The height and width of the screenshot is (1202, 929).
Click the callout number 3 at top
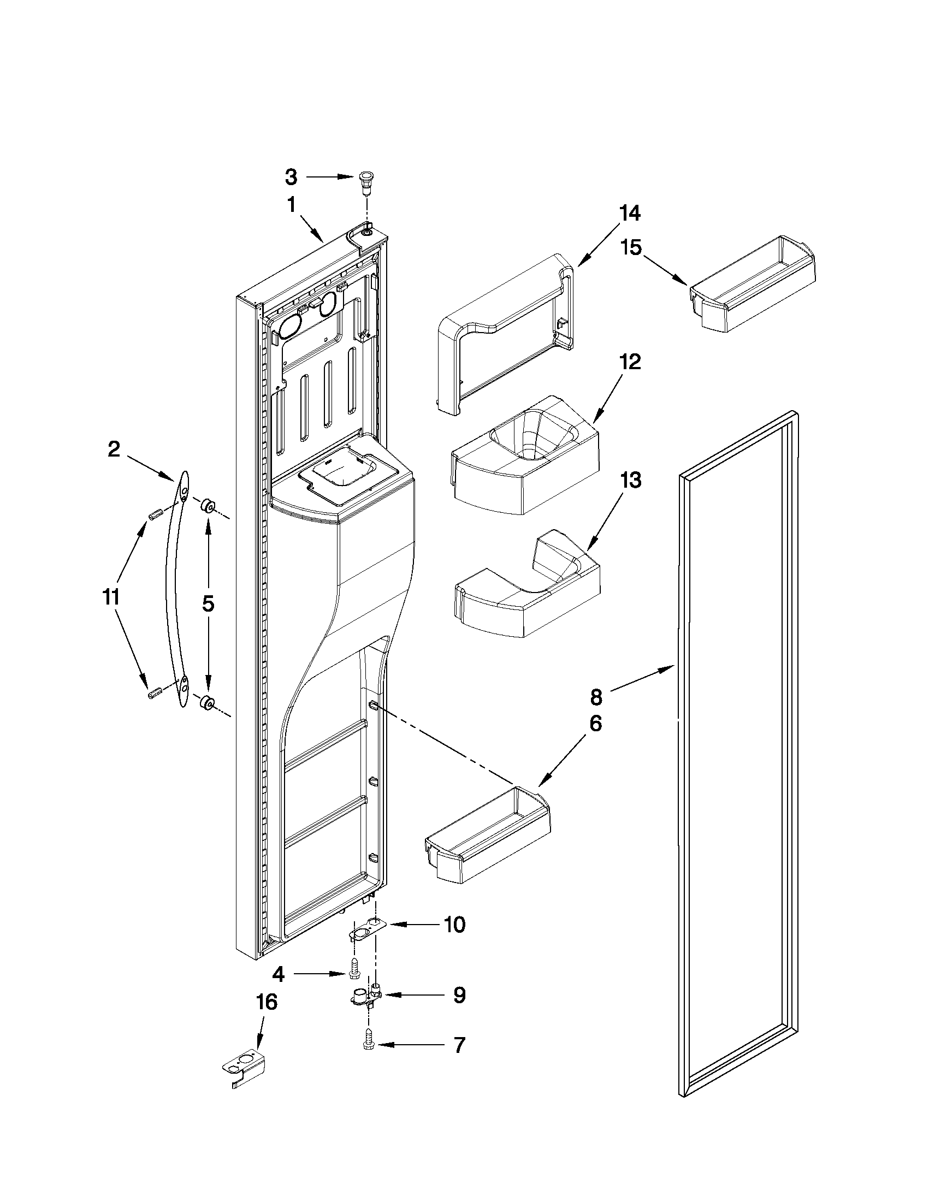pyautogui.click(x=291, y=177)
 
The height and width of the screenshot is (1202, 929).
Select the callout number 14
pyautogui.click(x=630, y=213)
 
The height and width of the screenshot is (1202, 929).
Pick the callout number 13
pyautogui.click(x=630, y=481)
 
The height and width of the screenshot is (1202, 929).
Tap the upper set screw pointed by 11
pyautogui.click(x=155, y=516)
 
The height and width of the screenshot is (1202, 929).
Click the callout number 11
pyautogui.click(x=112, y=596)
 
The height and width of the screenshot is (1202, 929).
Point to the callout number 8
pyautogui.click(x=596, y=697)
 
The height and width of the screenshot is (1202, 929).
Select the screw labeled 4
pyautogui.click(x=354, y=975)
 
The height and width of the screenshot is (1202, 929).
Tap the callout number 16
pyautogui.click(x=266, y=1002)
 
